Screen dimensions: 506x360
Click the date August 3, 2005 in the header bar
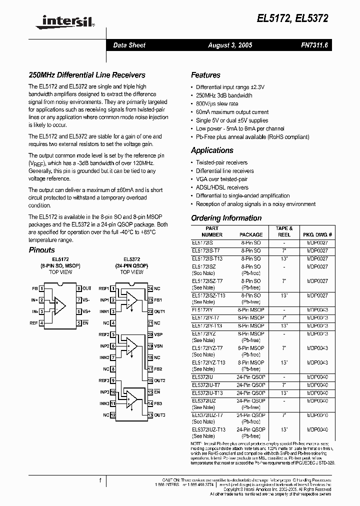(x=230, y=45)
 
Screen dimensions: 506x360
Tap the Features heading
(x=205, y=75)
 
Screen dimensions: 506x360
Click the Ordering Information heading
(x=226, y=218)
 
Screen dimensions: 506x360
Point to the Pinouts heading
(x=41, y=250)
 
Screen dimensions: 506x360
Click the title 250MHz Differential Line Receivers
(x=86, y=75)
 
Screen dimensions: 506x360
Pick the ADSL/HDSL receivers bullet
(x=222, y=187)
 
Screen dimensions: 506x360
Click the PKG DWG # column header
(x=317, y=234)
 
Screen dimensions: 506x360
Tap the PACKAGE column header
(x=251, y=234)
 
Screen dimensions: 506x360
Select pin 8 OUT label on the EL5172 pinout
(x=87, y=288)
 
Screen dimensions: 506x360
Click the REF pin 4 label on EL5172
(x=33, y=323)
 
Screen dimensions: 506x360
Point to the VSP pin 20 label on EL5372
(x=158, y=334)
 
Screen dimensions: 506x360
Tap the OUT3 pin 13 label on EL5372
(x=159, y=415)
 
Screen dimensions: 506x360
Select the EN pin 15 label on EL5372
(x=157, y=392)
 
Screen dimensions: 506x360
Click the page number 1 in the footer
(x=100, y=480)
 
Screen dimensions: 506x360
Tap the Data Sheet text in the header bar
(x=129, y=45)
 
